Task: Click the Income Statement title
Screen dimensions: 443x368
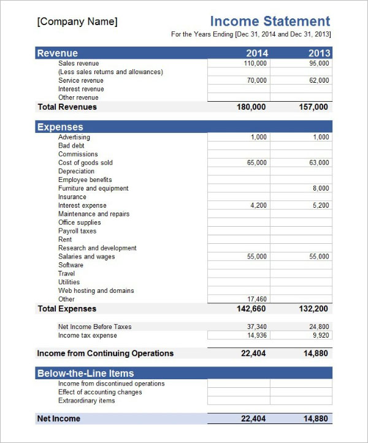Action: (270, 21)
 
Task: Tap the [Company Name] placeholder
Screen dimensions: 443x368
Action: (77, 22)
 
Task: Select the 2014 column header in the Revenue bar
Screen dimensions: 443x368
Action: (256, 53)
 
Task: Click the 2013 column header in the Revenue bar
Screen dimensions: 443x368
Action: (319, 53)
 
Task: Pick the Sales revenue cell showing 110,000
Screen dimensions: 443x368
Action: (256, 63)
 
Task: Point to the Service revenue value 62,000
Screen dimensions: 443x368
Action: (319, 80)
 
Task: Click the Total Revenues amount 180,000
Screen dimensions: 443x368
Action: (251, 107)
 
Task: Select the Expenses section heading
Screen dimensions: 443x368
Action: (60, 127)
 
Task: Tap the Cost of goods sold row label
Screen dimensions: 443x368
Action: (85, 163)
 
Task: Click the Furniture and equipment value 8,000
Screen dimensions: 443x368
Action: (320, 189)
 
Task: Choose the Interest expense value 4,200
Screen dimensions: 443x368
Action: (258, 206)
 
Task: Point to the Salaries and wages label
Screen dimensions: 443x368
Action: (86, 257)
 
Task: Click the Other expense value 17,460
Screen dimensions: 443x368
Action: (256, 300)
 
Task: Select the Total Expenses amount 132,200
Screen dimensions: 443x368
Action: (313, 309)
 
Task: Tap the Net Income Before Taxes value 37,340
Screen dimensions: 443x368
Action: (256, 327)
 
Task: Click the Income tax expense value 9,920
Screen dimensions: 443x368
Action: (320, 336)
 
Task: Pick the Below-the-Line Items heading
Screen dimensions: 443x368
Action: (85, 373)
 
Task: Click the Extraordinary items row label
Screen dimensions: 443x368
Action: (86, 401)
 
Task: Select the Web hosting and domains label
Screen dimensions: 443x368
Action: (96, 291)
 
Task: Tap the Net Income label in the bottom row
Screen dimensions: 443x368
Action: (59, 418)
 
